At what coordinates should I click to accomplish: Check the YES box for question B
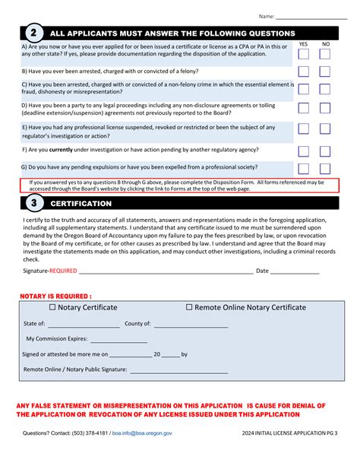pyautogui.click(x=304, y=71)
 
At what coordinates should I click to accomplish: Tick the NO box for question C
pyautogui.click(x=325, y=90)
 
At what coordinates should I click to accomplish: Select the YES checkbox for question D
pyautogui.click(x=304, y=109)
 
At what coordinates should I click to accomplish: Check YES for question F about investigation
pyautogui.click(x=304, y=151)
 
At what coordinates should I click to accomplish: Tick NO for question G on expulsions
pyautogui.click(x=325, y=169)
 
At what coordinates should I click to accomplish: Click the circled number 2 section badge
pyautogui.click(x=33, y=33)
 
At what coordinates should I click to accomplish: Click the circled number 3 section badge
pyautogui.click(x=33, y=204)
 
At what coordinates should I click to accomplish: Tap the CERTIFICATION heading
pyautogui.click(x=81, y=204)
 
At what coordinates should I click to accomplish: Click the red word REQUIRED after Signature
pyautogui.click(x=63, y=271)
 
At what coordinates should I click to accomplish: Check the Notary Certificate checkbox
pyautogui.click(x=52, y=308)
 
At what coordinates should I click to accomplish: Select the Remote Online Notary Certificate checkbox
pyautogui.click(x=190, y=308)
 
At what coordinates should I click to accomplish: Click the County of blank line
pyautogui.click(x=190, y=325)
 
